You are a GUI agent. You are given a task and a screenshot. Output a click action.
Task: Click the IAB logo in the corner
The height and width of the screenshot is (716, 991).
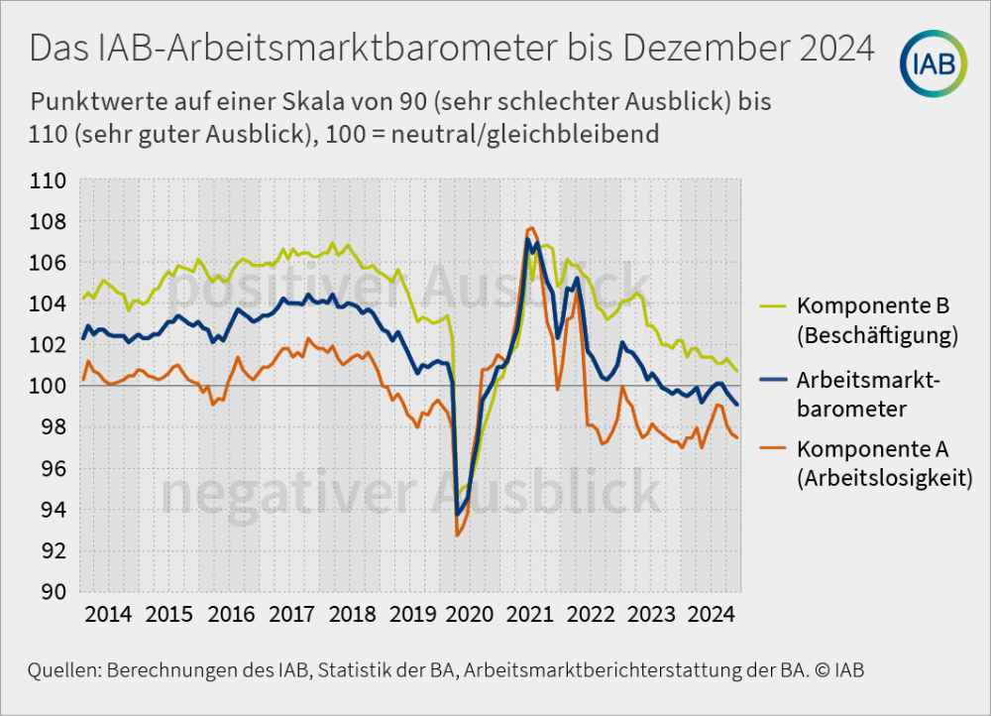[935, 63]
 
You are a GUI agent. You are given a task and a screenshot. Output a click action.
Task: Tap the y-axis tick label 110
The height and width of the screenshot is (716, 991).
[51, 181]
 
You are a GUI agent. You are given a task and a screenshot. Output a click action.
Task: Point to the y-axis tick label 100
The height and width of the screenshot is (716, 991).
[51, 386]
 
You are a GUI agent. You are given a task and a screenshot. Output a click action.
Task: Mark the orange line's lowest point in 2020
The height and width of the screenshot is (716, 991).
[457, 536]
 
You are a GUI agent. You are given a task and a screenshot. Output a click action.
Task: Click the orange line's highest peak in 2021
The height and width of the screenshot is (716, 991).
[531, 228]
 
